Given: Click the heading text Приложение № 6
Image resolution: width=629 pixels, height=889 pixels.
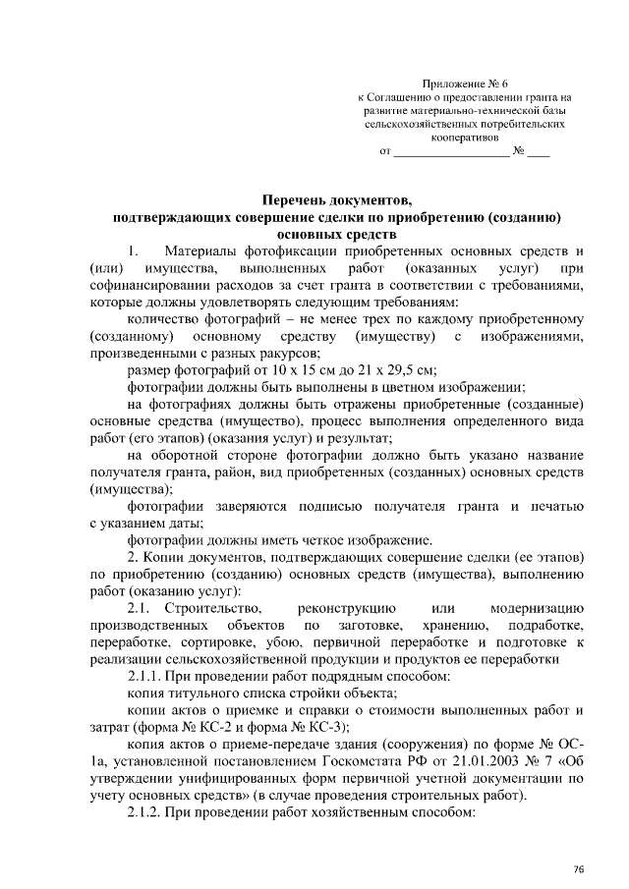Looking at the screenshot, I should (x=465, y=84).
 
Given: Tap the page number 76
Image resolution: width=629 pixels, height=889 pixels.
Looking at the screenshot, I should (x=579, y=868).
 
